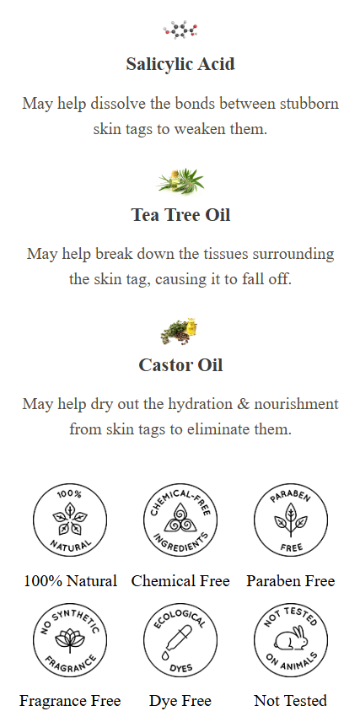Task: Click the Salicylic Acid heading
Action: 180,64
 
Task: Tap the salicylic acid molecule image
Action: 180,30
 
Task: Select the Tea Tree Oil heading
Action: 180,215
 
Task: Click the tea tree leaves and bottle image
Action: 180,181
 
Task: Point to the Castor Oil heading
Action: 180,365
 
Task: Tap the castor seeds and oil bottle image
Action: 180,331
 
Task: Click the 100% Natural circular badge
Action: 70,520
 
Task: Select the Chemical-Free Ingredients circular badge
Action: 180,520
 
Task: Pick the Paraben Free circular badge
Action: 291,520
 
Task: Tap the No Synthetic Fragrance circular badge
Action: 70,640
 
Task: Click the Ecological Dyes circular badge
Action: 180,640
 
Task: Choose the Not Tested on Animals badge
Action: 291,640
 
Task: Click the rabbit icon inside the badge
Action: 290,638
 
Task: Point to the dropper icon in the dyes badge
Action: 177,641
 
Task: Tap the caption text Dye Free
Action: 180,701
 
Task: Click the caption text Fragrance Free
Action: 70,701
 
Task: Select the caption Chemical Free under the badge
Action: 180,581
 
